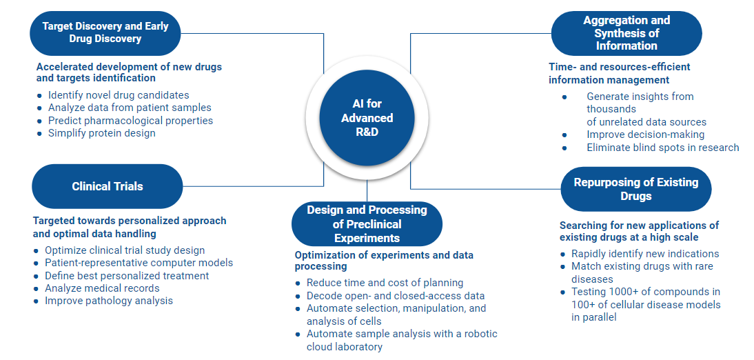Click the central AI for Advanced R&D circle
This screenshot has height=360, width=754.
coord(367,117)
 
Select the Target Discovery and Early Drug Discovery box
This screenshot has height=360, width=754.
coord(105,32)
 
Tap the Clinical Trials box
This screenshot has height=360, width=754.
coord(107,186)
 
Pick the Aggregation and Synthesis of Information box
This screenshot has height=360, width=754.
coord(626,33)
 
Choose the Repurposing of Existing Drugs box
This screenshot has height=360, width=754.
coord(635,189)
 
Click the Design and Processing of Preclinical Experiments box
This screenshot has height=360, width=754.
coord(367,224)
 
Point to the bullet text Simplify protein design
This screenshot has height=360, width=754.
coord(102,133)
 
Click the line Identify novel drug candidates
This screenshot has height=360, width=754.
coord(119,95)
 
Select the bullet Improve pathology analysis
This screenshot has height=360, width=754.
coord(109,301)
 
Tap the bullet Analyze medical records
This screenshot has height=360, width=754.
coord(102,288)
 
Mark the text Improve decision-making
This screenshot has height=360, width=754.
coord(645,134)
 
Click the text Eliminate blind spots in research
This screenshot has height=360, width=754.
coord(662,148)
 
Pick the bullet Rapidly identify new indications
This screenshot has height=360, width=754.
coord(645,254)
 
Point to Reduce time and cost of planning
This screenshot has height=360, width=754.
coord(385,283)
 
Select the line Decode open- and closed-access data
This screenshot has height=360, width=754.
coord(396,296)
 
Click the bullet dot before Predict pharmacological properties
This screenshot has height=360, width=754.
coord(39,121)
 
